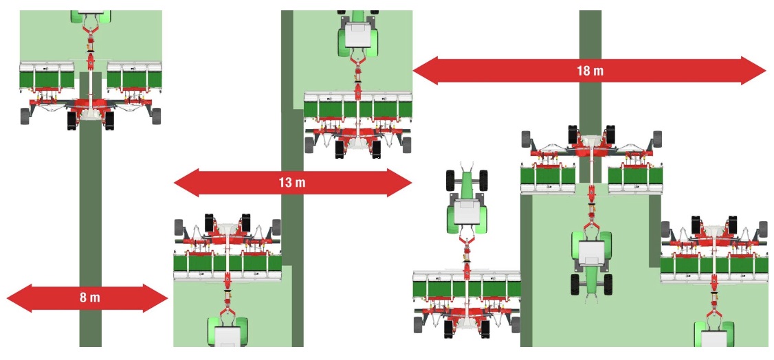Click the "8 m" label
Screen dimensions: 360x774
click(x=89, y=297)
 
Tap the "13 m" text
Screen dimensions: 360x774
click(x=293, y=182)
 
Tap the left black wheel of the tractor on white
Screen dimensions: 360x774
click(x=451, y=180)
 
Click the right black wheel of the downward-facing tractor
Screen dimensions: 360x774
click(x=608, y=284)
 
